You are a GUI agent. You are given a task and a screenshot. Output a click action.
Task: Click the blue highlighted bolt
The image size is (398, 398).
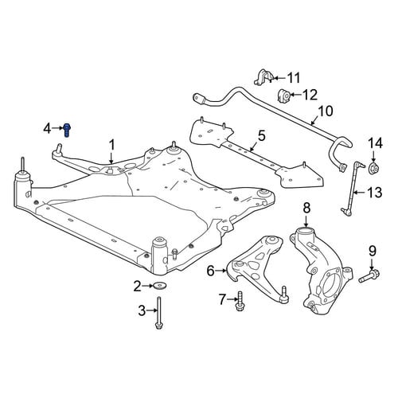67,130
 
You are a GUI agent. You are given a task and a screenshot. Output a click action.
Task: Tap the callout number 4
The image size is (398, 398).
47,129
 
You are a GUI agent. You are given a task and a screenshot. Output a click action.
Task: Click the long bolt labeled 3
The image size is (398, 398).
158,313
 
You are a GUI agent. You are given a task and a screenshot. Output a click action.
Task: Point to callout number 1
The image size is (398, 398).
112,146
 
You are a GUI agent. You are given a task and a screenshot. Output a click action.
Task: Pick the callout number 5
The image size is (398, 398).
261,136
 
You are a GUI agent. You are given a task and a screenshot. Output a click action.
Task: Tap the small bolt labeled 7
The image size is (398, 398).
240,301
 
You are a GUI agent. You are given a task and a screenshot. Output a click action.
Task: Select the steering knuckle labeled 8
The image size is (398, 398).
321,269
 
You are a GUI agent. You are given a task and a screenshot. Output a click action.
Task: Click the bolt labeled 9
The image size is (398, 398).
369,275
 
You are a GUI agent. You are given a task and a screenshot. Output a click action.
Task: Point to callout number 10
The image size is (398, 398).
326,111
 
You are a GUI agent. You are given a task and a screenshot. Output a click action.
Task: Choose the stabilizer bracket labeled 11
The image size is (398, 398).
263,77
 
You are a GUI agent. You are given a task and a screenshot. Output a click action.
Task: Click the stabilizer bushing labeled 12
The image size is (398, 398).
284,96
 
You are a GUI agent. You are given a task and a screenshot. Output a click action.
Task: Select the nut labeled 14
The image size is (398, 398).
374,168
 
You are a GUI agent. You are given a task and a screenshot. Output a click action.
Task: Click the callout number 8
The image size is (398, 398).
306,209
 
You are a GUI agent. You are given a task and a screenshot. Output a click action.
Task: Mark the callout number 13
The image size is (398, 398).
375,193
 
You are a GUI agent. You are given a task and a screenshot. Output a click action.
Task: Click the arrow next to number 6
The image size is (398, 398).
220,271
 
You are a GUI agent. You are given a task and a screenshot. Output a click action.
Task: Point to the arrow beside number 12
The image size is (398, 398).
295,95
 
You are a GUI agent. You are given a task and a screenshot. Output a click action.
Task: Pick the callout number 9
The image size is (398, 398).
373,251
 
